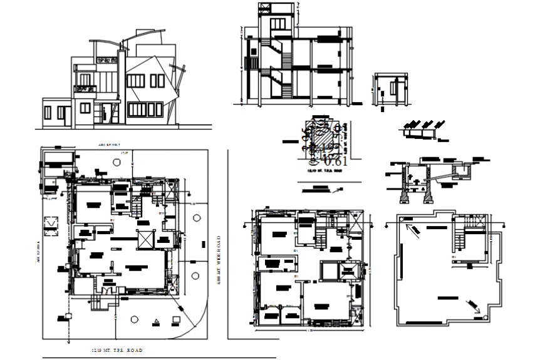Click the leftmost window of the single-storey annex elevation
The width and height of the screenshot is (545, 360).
tap(49, 113)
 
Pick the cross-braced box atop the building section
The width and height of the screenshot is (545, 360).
tap(265, 8)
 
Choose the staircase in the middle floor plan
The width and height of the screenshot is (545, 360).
tap(320, 236)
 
